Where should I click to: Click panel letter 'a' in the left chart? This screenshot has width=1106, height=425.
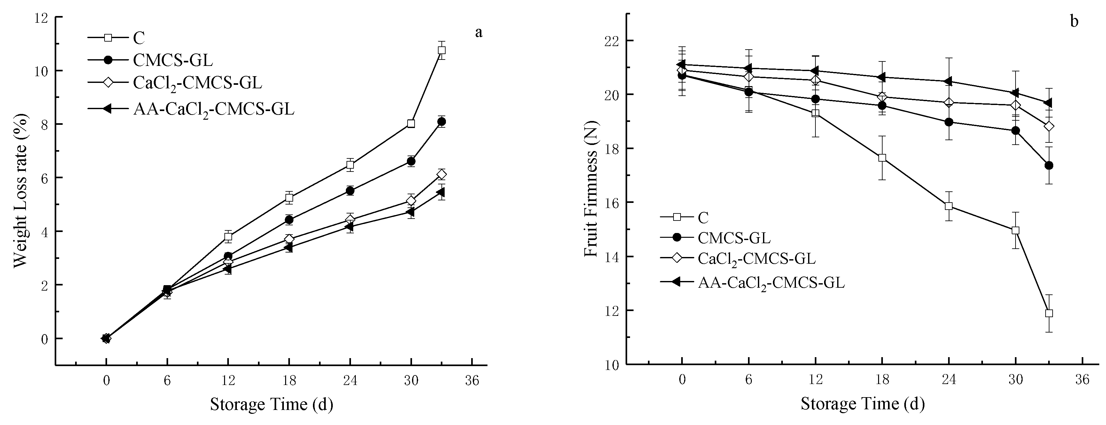coord(479,32)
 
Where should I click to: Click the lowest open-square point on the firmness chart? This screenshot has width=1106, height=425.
coord(1049,313)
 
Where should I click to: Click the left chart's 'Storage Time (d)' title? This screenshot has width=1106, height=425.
coord(271,404)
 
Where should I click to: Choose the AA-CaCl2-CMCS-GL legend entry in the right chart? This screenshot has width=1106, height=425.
coord(771,282)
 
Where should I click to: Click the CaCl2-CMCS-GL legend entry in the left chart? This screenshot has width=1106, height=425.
coord(198,83)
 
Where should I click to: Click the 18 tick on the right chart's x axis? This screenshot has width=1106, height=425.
coord(882,380)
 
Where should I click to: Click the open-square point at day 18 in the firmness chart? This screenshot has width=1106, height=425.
coord(882,158)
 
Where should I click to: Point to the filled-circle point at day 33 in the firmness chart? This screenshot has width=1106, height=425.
coord(1049,165)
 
